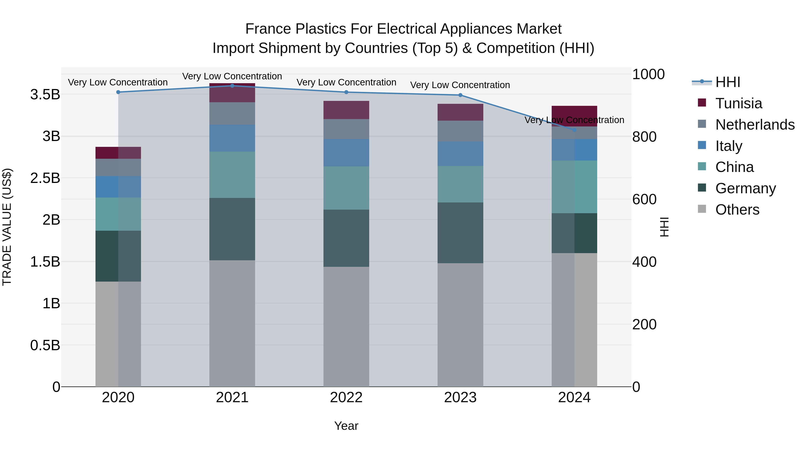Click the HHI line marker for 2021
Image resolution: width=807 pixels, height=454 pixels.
click(232, 86)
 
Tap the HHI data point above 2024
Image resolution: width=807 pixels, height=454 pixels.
click(574, 130)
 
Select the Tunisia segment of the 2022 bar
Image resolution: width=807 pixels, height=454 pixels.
click(346, 110)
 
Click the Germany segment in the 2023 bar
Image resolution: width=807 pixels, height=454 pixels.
click(460, 233)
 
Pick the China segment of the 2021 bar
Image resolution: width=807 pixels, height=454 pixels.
click(232, 175)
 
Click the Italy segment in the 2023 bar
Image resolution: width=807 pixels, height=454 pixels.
click(460, 154)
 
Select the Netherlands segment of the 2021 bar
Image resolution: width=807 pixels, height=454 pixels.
click(232, 113)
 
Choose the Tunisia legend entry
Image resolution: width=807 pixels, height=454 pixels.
click(738, 103)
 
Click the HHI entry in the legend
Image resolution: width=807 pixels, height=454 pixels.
click(727, 82)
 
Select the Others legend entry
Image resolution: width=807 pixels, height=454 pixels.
click(737, 210)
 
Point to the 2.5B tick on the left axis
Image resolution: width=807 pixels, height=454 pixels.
click(45, 178)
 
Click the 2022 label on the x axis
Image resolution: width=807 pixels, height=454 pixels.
click(346, 398)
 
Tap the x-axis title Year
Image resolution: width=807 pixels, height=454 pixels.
click(346, 426)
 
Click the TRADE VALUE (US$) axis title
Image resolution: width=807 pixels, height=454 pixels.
click(7, 227)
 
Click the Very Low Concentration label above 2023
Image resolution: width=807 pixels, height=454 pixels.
click(460, 85)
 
